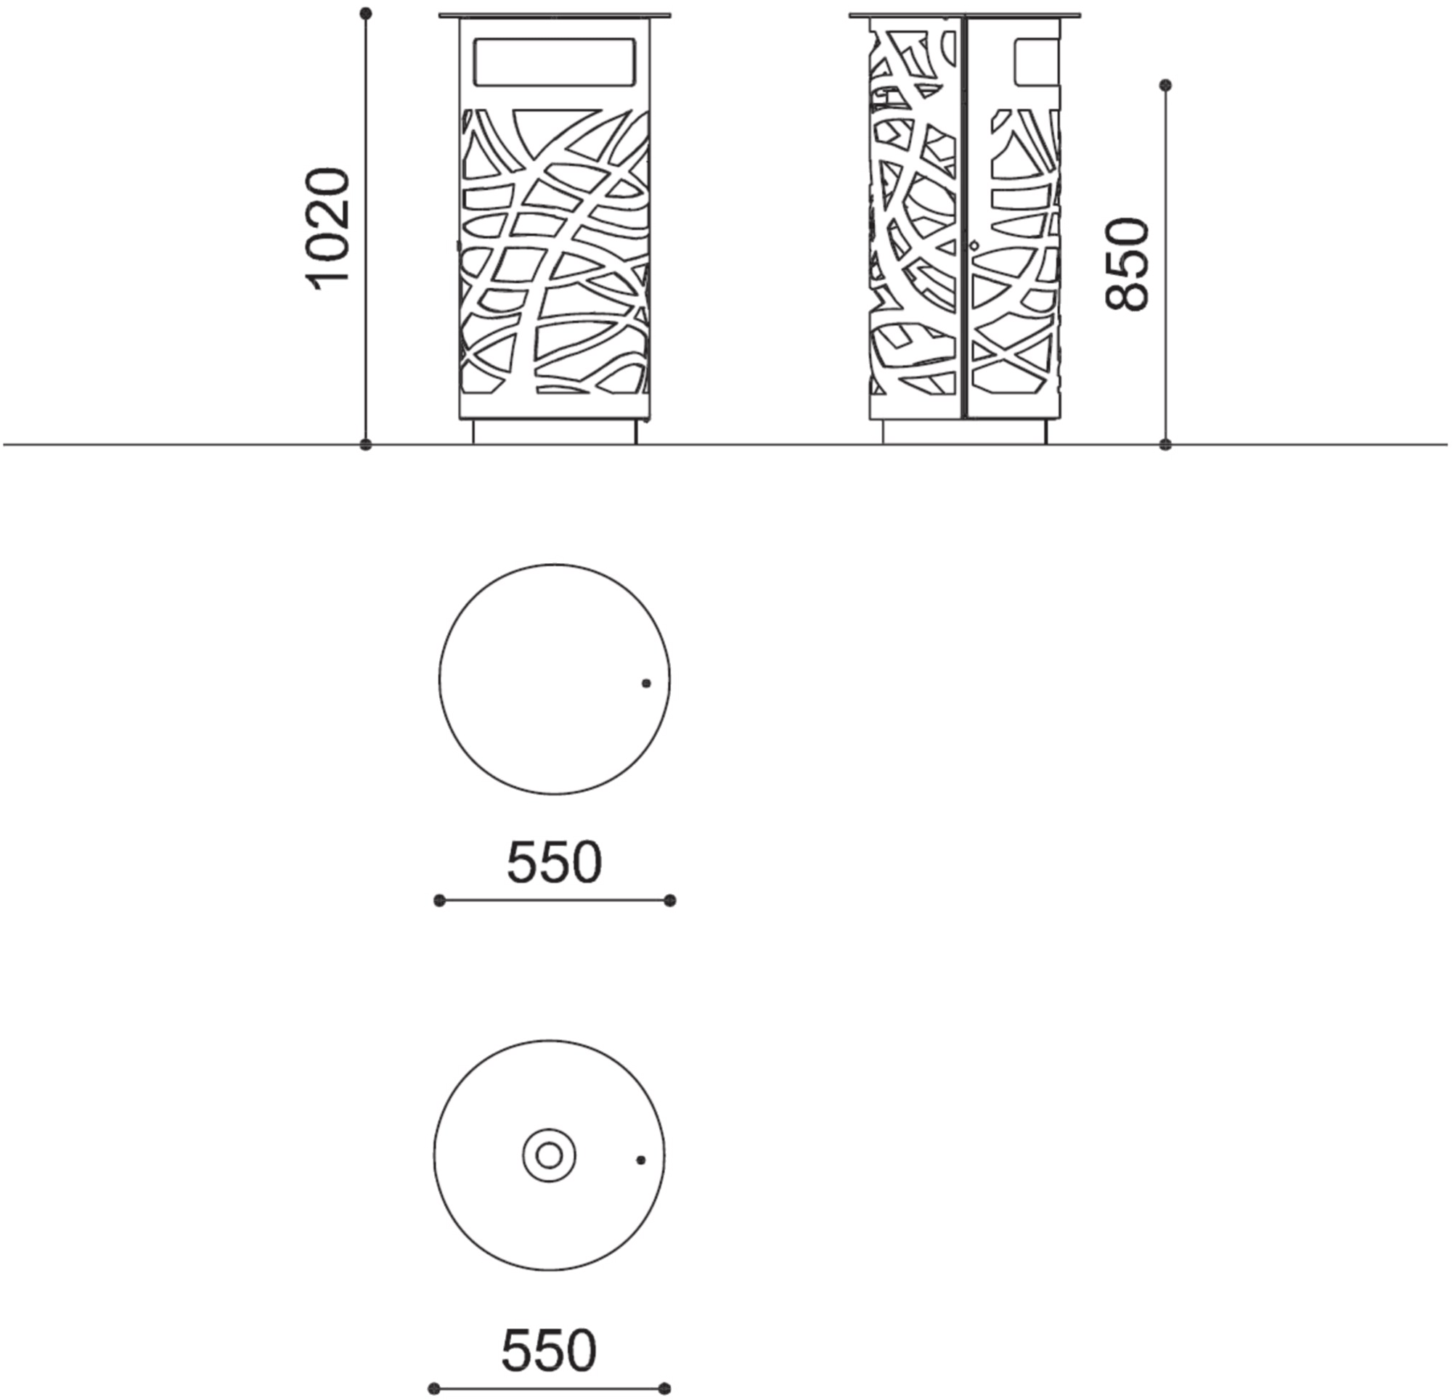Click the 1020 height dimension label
click(x=327, y=229)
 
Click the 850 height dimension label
click(x=1126, y=263)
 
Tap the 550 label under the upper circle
click(x=554, y=862)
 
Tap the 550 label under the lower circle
click(x=549, y=1351)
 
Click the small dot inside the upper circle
click(x=646, y=683)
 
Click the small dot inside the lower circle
click(x=641, y=1160)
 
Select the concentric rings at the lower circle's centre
click(x=549, y=1155)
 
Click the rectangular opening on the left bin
click(x=555, y=62)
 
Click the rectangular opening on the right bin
click(x=1037, y=61)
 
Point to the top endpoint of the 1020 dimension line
click(x=365, y=13)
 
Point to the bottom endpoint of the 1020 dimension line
click(x=365, y=444)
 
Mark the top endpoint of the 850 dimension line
click(x=1165, y=85)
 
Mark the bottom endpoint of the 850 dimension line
click(x=1165, y=444)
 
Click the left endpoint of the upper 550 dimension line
click(x=439, y=900)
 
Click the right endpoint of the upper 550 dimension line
click(x=669, y=900)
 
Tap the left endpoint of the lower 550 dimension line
click(x=434, y=1388)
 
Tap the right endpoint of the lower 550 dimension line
click(x=664, y=1388)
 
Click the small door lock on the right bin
click(x=974, y=245)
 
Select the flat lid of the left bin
click(x=555, y=15)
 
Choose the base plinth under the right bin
click(x=965, y=432)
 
